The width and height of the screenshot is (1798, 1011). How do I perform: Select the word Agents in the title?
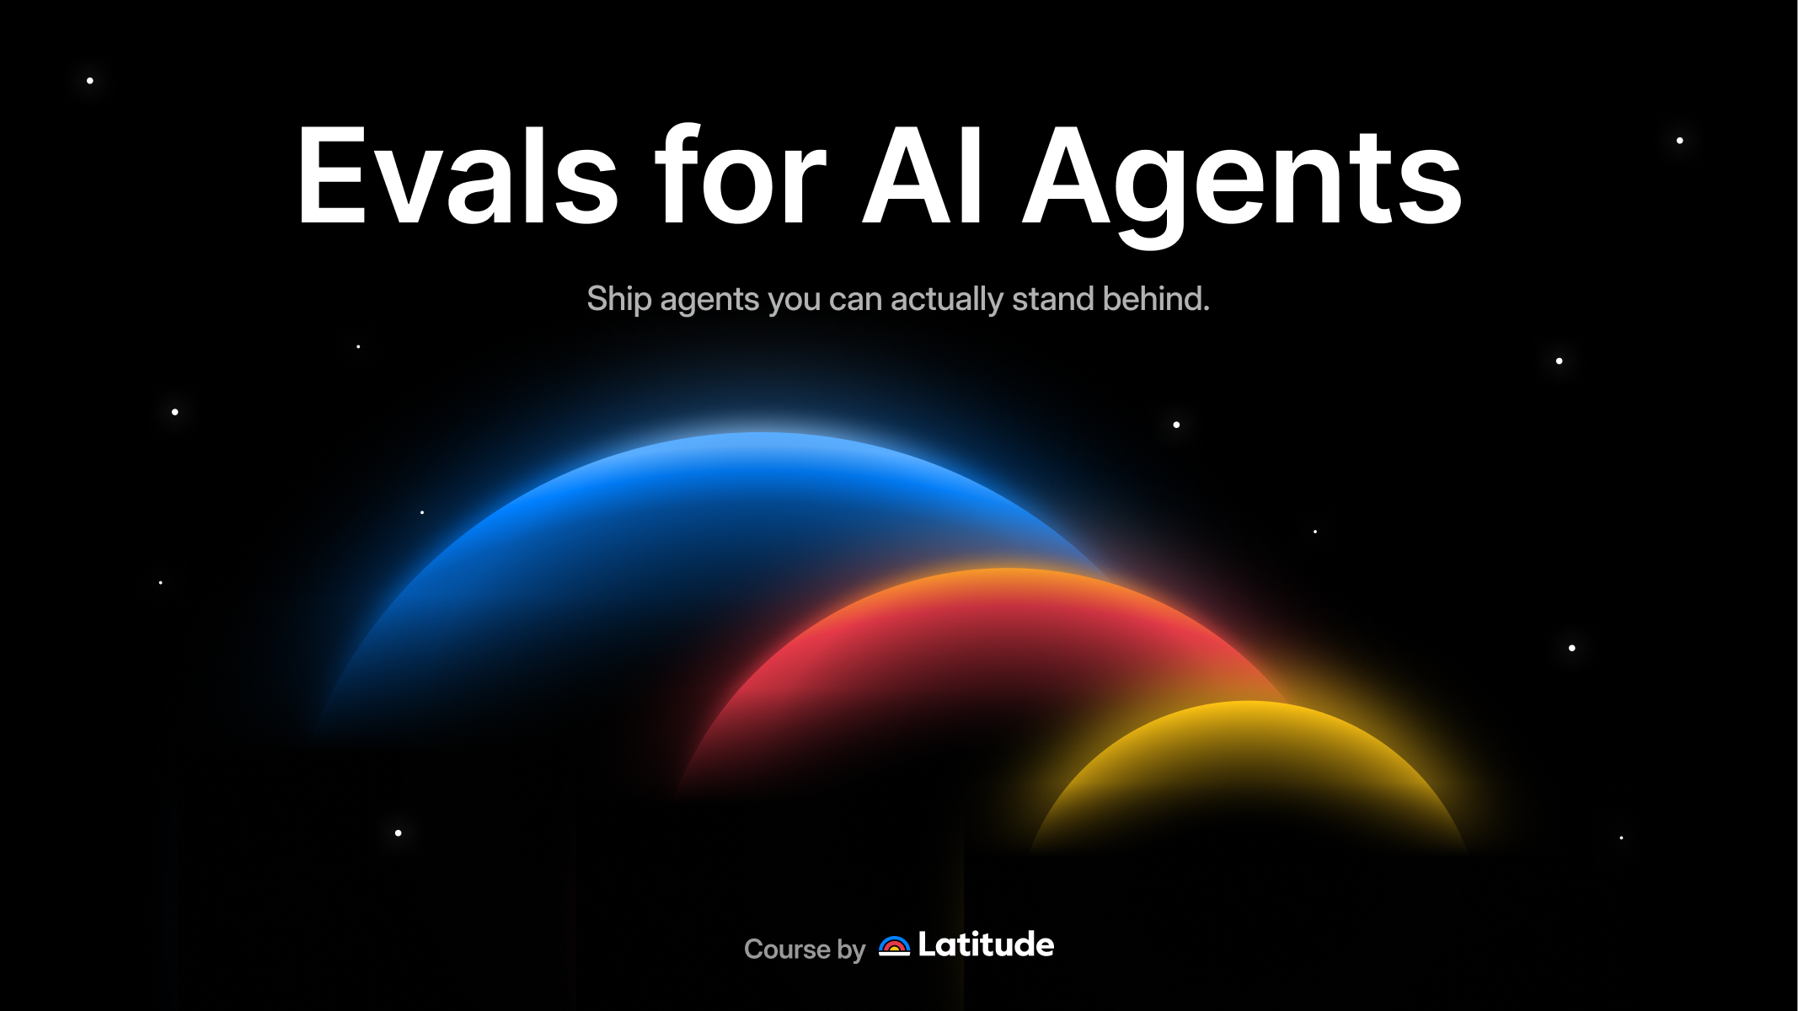click(x=1242, y=185)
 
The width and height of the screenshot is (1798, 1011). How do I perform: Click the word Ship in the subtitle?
click(x=619, y=300)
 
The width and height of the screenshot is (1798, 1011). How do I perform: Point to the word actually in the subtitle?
click(x=947, y=300)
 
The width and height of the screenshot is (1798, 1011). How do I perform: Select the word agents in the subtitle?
click(x=709, y=302)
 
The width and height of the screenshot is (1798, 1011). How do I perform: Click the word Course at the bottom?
click(x=787, y=949)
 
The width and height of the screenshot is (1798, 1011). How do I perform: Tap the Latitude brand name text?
click(x=986, y=944)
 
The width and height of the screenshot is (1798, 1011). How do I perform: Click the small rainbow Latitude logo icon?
click(x=894, y=946)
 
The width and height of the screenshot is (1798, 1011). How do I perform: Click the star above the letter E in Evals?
click(x=90, y=81)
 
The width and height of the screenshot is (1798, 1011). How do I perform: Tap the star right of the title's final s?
click(x=1679, y=141)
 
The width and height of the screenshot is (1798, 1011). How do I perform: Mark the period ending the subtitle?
click(x=1206, y=310)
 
